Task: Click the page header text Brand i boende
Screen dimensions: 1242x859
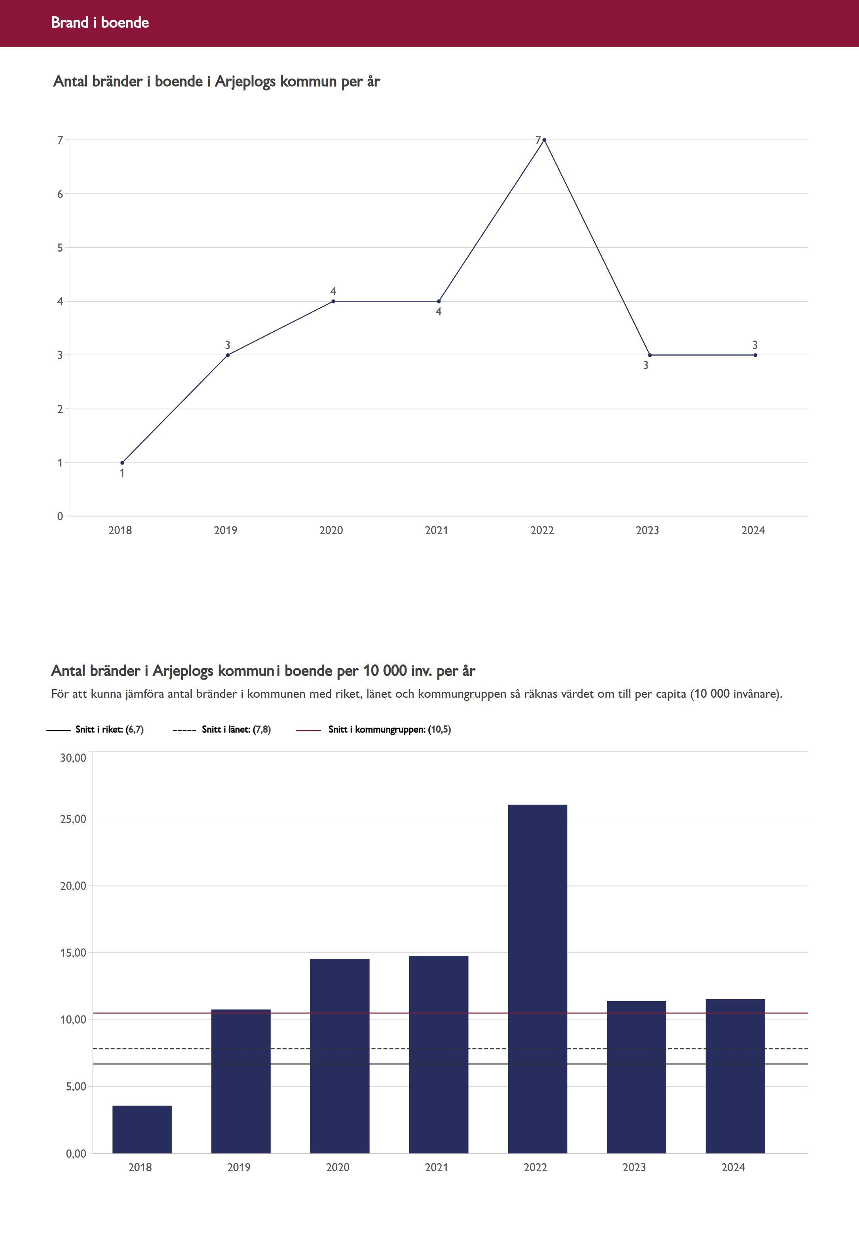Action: [100, 22]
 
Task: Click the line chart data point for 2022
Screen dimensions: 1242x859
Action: [544, 140]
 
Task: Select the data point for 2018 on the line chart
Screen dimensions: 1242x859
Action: [122, 462]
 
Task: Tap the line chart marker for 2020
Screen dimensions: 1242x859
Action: [333, 301]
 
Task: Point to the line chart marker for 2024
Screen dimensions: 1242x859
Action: [755, 355]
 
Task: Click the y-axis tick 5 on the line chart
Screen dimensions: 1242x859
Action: [60, 248]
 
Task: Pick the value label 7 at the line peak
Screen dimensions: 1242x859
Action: [538, 140]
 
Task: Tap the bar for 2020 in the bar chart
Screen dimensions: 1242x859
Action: [340, 1055]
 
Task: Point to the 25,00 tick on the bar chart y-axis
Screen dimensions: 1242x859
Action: [73, 819]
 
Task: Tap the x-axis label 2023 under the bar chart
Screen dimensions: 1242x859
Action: [634, 1167]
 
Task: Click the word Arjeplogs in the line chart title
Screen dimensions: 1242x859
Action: [245, 81]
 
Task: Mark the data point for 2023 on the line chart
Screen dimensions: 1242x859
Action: [650, 355]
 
